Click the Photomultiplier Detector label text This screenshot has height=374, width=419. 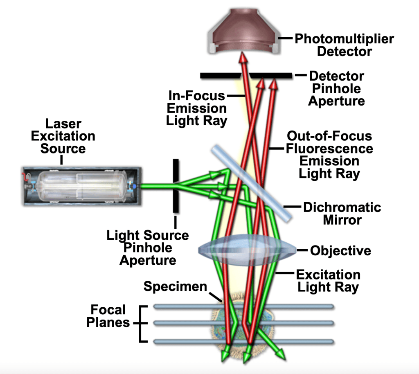pos(344,45)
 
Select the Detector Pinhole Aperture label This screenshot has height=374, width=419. pos(336,88)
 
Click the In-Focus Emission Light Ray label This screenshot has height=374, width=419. pos(196,109)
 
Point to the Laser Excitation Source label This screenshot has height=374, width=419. pos(63,136)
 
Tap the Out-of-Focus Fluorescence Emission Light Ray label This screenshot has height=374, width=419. pos(329,154)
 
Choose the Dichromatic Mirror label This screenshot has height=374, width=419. pos(342,213)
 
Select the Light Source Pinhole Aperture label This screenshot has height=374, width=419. pos(148,248)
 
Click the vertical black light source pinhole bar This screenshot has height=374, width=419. pos(176,186)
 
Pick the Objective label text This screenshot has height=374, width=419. pos(340,250)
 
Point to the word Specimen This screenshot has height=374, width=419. pos(175,286)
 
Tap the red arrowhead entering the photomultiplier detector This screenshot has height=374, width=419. pos(243,60)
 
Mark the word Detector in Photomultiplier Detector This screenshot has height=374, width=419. pos(345,52)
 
